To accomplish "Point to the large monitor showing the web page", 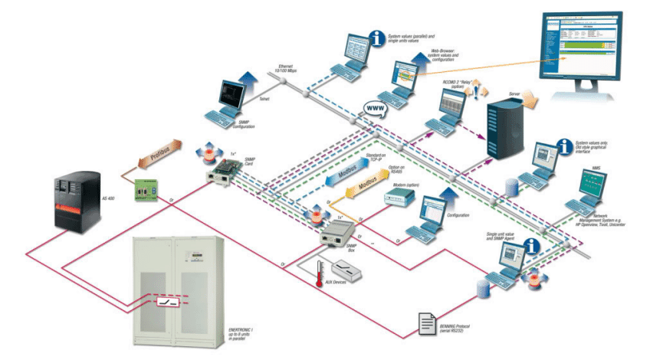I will click(x=589, y=44).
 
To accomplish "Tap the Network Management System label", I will click(x=600, y=222).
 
